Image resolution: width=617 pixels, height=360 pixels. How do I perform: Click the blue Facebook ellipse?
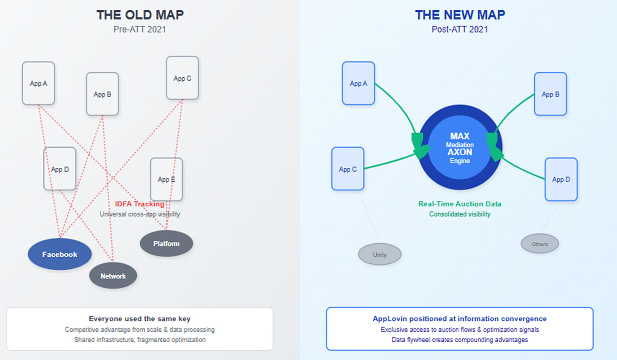click(x=60, y=254)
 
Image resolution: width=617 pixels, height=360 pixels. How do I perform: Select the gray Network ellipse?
click(x=113, y=276)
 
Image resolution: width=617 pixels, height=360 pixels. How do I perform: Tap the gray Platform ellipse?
click(x=167, y=244)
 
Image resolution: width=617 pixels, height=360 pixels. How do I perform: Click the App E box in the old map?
click(x=167, y=179)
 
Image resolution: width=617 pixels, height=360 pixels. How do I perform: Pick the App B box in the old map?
click(x=103, y=94)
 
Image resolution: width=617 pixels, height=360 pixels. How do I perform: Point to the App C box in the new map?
click(x=348, y=169)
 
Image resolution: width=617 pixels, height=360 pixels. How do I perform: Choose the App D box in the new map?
click(x=561, y=179)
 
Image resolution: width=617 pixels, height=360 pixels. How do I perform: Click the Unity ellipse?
click(x=380, y=255)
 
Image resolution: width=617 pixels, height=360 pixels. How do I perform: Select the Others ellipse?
click(x=540, y=244)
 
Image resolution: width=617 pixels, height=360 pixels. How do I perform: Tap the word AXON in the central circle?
click(x=460, y=152)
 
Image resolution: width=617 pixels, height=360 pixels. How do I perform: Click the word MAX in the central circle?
click(x=460, y=136)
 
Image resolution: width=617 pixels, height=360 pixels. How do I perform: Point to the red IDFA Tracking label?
click(x=139, y=204)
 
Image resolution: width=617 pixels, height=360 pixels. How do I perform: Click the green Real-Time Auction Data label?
click(x=460, y=204)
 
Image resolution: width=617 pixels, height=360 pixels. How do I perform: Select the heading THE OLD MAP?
click(x=140, y=15)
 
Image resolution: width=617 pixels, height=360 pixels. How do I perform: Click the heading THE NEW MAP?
click(x=460, y=15)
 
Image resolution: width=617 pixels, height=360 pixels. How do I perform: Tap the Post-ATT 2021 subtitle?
click(x=460, y=30)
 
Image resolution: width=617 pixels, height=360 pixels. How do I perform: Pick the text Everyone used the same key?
click(x=139, y=319)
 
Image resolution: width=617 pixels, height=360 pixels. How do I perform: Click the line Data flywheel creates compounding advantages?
click(x=460, y=340)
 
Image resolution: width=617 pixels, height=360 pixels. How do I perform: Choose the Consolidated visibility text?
click(x=460, y=214)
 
